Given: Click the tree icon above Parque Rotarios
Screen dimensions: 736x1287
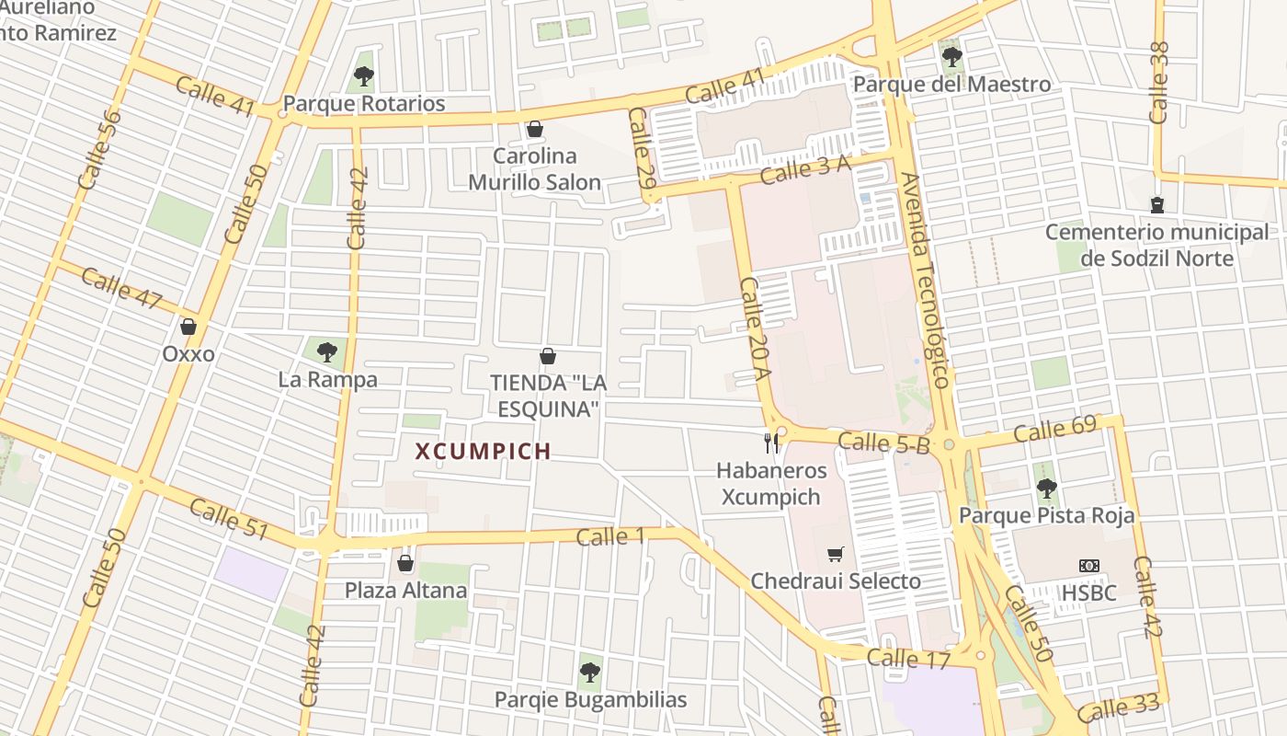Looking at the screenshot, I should click(x=364, y=76).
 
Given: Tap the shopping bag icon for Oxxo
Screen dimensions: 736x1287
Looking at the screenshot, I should click(x=188, y=327).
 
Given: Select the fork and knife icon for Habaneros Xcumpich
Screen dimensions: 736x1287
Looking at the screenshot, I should click(x=771, y=443).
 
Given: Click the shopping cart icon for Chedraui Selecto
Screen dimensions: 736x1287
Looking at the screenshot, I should click(x=835, y=554).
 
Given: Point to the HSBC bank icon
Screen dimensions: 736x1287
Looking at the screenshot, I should click(x=1089, y=566).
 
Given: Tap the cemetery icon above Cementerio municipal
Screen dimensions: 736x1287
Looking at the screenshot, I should click(x=1156, y=204).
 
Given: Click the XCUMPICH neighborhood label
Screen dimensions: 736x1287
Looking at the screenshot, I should click(x=483, y=452).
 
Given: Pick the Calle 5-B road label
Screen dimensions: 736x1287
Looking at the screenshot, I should click(x=884, y=443).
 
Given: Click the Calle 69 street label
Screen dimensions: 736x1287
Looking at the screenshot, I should click(x=1055, y=430).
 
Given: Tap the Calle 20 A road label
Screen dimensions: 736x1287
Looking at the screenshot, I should click(x=755, y=328).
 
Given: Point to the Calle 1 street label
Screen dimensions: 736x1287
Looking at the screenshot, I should click(x=610, y=536).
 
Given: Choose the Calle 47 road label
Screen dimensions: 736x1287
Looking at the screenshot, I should click(x=122, y=288).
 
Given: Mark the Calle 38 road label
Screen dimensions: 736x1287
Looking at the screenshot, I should click(x=1159, y=83).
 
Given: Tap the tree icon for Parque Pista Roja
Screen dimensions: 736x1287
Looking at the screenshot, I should click(x=1046, y=489).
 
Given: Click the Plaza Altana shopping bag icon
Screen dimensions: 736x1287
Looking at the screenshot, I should click(x=405, y=563).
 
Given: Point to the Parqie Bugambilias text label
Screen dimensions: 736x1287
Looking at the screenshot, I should click(x=590, y=700).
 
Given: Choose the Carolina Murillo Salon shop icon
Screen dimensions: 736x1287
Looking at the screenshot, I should click(x=534, y=129).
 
